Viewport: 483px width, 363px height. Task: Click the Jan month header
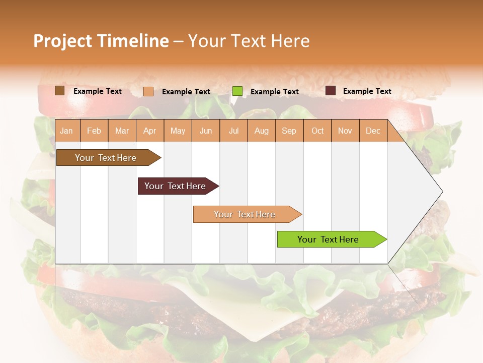pyautogui.click(x=66, y=131)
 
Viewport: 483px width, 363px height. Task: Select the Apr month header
pyautogui.click(x=149, y=131)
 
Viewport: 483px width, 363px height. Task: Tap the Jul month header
pyautogui.click(x=233, y=131)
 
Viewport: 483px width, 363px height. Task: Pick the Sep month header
pyautogui.click(x=289, y=131)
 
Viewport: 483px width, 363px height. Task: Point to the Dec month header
pyautogui.click(x=373, y=131)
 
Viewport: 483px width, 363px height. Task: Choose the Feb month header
pyautogui.click(x=94, y=131)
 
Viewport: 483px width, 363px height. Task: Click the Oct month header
pyautogui.click(x=317, y=131)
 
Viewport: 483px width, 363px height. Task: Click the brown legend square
pyautogui.click(x=59, y=91)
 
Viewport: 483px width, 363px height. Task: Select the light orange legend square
pyautogui.click(x=148, y=91)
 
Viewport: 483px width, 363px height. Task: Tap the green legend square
pyautogui.click(x=237, y=91)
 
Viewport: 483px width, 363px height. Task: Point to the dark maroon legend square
pyautogui.click(x=331, y=91)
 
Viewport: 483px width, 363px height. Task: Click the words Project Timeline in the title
pyautogui.click(x=101, y=41)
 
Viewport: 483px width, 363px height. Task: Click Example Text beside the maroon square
pyautogui.click(x=367, y=91)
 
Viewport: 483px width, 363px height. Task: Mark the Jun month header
pyautogui.click(x=206, y=131)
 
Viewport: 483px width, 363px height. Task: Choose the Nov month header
pyautogui.click(x=345, y=131)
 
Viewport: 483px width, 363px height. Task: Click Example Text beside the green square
pyautogui.click(x=274, y=92)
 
